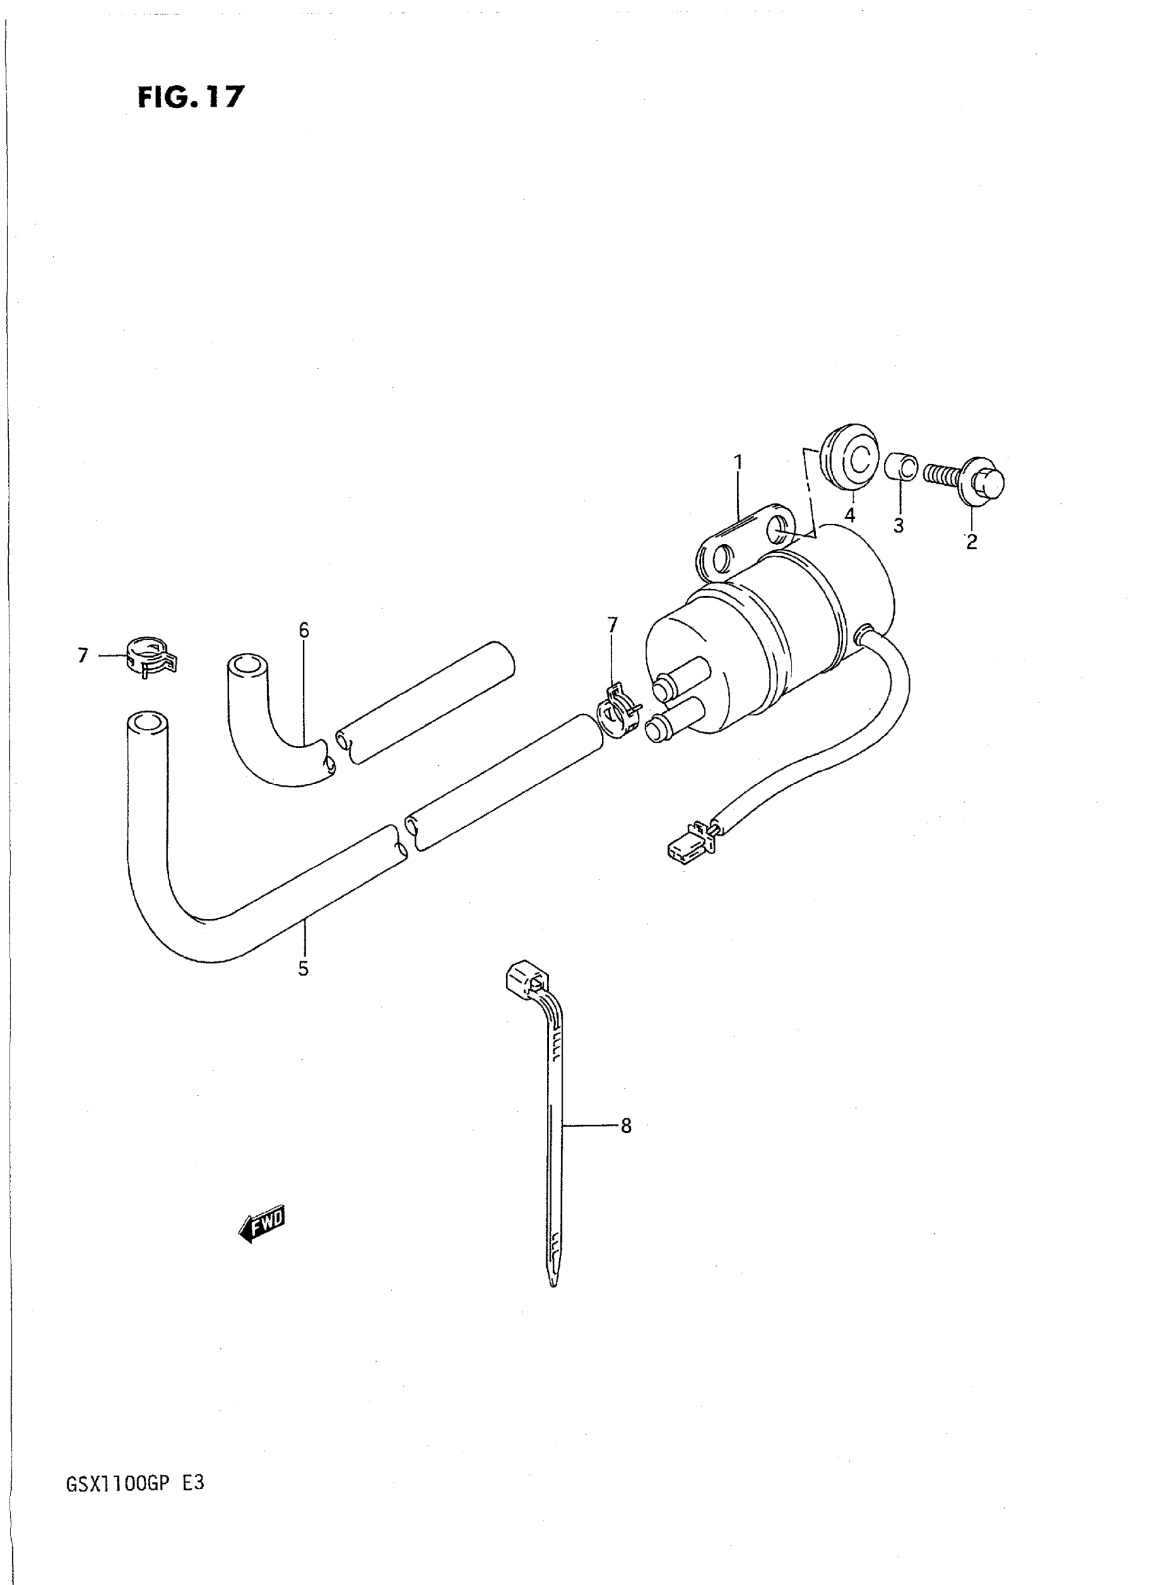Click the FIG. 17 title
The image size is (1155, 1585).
[190, 96]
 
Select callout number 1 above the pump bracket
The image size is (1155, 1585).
[738, 462]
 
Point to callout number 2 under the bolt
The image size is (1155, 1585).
[971, 541]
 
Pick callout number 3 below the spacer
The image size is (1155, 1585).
[898, 525]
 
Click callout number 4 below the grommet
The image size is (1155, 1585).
[849, 515]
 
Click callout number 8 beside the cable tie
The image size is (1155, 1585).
[626, 1126]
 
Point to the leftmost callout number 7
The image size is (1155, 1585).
[83, 655]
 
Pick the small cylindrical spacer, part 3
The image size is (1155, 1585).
[900, 466]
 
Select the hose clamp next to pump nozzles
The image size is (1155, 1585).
[619, 713]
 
